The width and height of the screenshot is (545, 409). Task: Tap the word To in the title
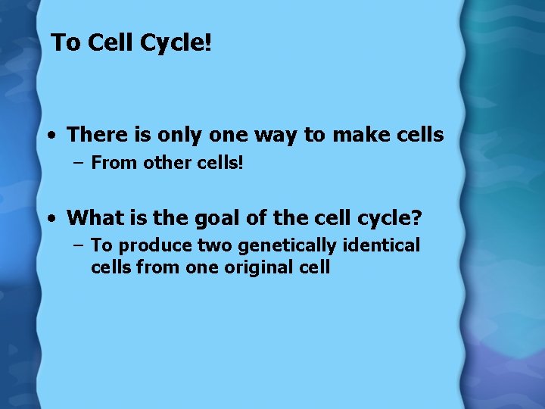click(x=66, y=43)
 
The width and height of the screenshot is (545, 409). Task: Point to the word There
click(x=93, y=136)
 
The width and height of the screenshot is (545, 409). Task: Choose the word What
click(x=92, y=219)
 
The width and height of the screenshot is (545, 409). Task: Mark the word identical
click(x=380, y=245)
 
